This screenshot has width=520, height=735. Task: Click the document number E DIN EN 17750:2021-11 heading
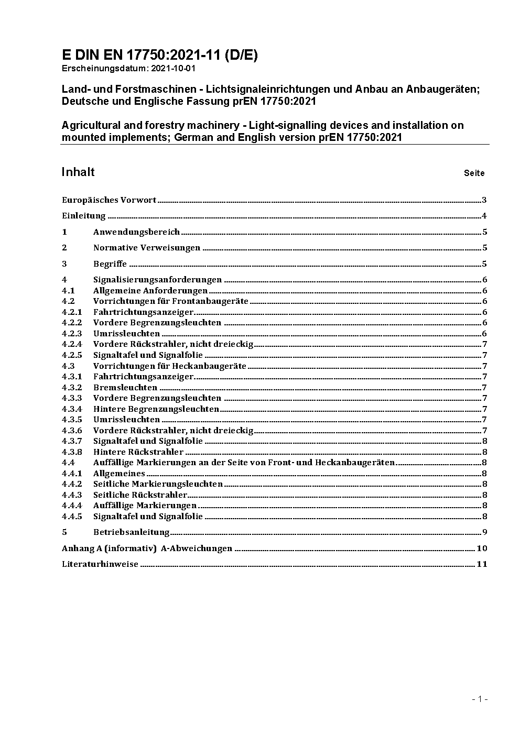pos(159,55)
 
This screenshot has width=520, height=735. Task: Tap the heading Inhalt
pos(78,172)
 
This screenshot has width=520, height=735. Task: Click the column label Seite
pos(474,173)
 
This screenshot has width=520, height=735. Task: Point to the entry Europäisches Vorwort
pos(109,200)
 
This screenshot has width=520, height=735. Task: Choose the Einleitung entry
pos(84,216)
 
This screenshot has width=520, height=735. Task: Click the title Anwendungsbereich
pos(136,232)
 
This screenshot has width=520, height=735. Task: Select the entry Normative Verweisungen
pos(147,248)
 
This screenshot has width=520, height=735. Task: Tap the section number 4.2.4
pos(72,344)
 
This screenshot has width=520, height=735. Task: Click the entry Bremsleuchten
pos(125,388)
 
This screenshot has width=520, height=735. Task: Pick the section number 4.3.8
pos(72,452)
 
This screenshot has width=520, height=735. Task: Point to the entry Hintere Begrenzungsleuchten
pos(156,409)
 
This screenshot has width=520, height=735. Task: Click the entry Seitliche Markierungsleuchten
pos(158,484)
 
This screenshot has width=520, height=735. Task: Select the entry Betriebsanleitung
pos(132,532)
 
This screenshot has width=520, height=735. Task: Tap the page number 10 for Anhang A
pos(482,548)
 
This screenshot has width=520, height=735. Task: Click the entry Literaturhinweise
pos(100,564)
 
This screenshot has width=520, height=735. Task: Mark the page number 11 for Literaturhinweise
pos(482,564)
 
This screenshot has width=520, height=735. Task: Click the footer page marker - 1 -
pos(480,699)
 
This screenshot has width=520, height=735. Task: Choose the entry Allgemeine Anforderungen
pos(150,291)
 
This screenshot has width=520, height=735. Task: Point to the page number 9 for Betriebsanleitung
pos(485,532)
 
